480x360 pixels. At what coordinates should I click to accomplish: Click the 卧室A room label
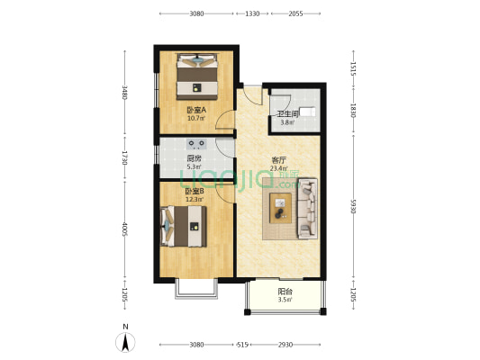(x=196, y=111)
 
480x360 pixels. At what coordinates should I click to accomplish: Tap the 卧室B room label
(x=195, y=191)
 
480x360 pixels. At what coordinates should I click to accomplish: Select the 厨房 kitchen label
(x=194, y=157)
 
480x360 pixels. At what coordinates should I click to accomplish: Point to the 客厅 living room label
(x=280, y=161)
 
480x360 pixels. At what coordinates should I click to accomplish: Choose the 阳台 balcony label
(x=284, y=292)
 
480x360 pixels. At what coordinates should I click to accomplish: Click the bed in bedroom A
(x=197, y=76)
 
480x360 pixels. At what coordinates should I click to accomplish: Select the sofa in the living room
(x=307, y=208)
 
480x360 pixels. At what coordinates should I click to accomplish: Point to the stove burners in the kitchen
(x=197, y=142)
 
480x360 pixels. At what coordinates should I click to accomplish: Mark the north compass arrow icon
(x=126, y=341)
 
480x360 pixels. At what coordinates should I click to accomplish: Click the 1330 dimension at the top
(x=252, y=13)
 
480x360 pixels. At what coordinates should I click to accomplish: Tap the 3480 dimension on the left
(x=125, y=92)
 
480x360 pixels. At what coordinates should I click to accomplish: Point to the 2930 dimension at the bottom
(x=286, y=345)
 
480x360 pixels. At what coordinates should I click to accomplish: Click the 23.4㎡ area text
(x=280, y=168)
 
